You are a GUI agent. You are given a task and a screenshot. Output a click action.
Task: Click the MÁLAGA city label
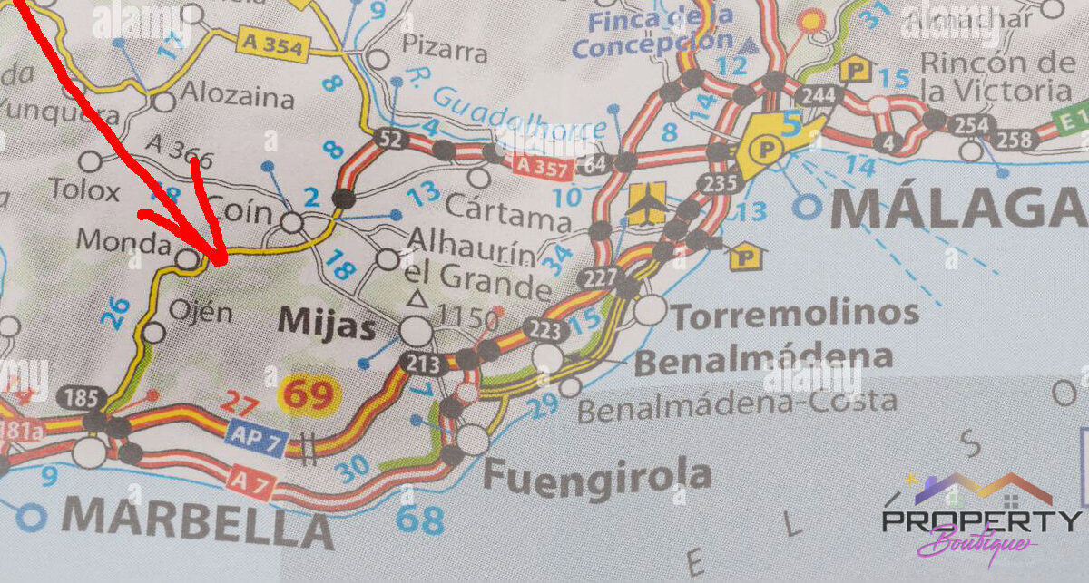(957, 208)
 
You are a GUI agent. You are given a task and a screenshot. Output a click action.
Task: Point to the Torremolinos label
(795, 314)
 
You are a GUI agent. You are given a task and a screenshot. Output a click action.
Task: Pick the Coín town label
(240, 212)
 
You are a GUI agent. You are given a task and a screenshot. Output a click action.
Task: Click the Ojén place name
(201, 314)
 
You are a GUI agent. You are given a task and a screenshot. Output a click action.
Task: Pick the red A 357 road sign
(541, 166)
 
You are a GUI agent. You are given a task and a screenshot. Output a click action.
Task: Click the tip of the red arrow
(223, 265)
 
